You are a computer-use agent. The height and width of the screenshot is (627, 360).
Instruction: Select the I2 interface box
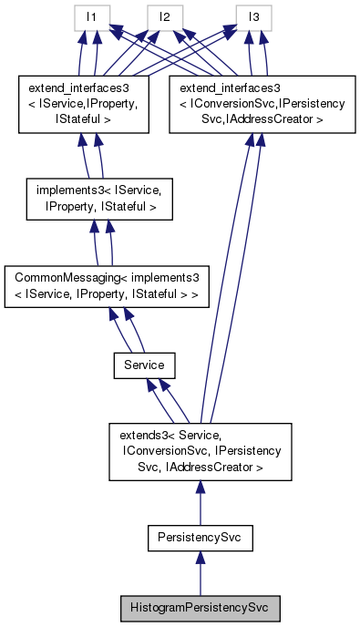[165, 16]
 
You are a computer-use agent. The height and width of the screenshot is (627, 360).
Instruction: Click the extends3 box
[200, 452]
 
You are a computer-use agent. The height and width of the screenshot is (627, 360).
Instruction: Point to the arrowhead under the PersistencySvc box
[200, 560]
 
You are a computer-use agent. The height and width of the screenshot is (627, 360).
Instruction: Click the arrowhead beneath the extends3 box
[200, 489]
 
